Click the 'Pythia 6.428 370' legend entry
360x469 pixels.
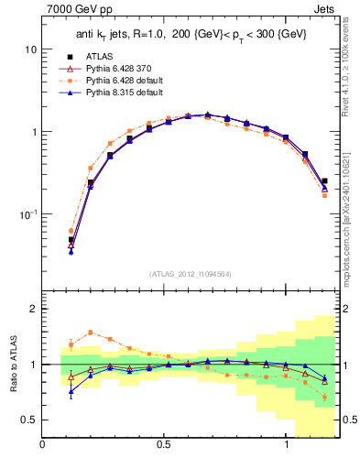114,68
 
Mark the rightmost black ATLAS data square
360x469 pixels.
324,181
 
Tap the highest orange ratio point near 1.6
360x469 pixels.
91,333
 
